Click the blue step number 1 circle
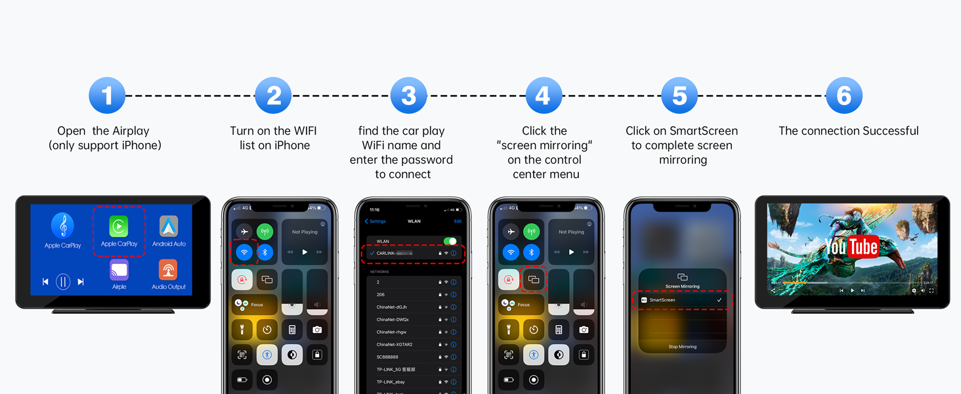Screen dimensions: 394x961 [x=107, y=96]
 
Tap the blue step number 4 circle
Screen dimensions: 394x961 [x=544, y=96]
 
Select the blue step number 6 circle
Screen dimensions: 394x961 [x=844, y=96]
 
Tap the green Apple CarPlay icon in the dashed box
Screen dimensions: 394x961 [x=119, y=227]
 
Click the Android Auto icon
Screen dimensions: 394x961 [x=169, y=227]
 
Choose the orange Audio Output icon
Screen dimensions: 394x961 [x=169, y=270]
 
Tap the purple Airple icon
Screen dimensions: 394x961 [x=119, y=270]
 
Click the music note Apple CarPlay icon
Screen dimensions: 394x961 [x=63, y=227]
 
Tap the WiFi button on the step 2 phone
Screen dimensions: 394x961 [x=244, y=252]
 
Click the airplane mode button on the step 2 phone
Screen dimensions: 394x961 [x=244, y=231]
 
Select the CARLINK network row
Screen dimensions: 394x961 [x=414, y=253]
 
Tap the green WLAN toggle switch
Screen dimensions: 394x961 [x=450, y=241]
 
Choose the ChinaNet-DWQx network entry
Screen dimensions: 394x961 [x=393, y=319]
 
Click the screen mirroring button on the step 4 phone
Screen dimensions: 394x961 [x=534, y=280]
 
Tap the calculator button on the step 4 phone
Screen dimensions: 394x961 [x=559, y=330]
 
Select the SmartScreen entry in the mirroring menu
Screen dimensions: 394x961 [x=682, y=300]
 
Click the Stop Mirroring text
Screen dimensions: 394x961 [x=682, y=347]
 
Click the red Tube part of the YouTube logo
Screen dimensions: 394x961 [x=863, y=247]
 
